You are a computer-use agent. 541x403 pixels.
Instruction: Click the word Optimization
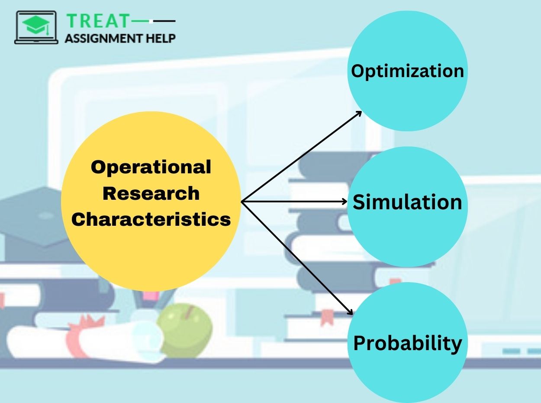click(x=407, y=71)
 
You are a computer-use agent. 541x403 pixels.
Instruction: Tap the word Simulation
click(x=407, y=202)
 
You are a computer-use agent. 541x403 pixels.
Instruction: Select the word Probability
click(x=407, y=343)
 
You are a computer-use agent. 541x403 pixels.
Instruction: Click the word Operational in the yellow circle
click(x=151, y=167)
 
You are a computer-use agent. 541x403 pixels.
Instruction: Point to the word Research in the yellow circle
click(x=151, y=193)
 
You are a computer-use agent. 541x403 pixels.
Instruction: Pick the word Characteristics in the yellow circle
click(x=151, y=219)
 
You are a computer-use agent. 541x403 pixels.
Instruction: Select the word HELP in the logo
click(x=161, y=38)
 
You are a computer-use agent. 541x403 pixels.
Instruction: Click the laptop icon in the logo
click(x=36, y=27)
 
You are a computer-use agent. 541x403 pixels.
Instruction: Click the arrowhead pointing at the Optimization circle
click(x=359, y=113)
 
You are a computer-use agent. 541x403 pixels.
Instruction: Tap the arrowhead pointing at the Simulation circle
click(x=345, y=201)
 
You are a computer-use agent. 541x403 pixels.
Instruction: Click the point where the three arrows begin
click(x=242, y=201)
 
